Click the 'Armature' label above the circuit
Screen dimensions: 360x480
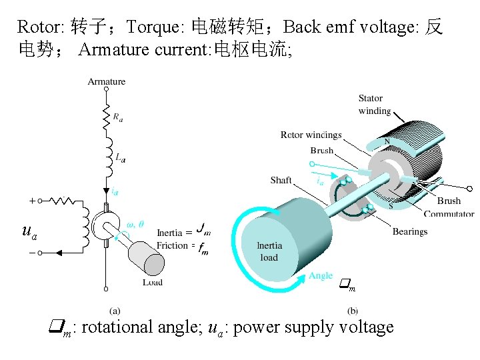[107, 81]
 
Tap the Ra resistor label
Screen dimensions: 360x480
[117, 117]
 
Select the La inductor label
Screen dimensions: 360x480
[120, 158]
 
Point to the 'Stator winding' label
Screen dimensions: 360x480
[375, 105]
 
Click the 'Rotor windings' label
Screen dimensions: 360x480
[311, 135]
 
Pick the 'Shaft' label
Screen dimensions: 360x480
[281, 180]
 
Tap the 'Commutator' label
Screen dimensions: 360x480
[449, 214]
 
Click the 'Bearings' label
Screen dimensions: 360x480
[410, 231]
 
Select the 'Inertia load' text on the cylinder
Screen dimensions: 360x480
[269, 251]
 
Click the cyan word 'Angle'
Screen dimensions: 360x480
[321, 275]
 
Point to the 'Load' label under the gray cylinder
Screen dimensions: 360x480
[153, 282]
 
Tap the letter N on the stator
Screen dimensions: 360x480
[386, 142]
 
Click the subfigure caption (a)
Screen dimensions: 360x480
[115, 310]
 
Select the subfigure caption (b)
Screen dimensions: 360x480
[352, 310]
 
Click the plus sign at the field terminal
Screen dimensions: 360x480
[32, 200]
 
